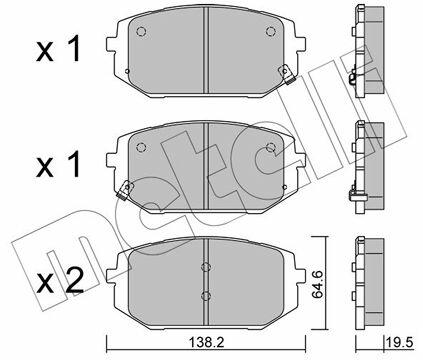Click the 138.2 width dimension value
tap(206, 343)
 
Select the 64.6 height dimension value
tap(318, 284)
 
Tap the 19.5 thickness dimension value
tap(399, 342)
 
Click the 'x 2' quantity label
tap(60, 281)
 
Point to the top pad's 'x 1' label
tap(58, 49)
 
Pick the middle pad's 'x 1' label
tap(58, 164)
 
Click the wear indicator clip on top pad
tap(286, 74)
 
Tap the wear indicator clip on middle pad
tap(125, 190)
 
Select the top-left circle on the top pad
tap(141, 32)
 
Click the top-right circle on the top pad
tap(271, 32)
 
